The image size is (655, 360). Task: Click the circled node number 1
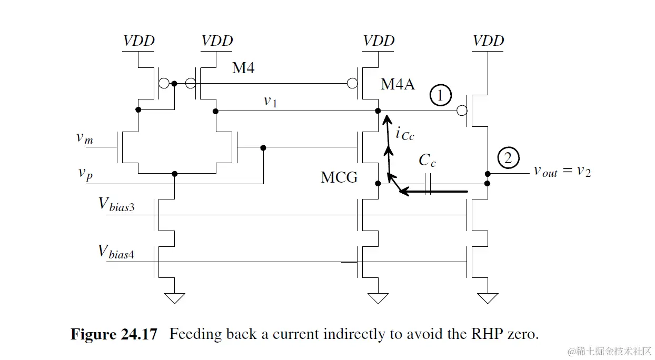click(441, 96)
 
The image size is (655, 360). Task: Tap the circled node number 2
click(508, 158)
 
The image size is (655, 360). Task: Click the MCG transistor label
click(339, 177)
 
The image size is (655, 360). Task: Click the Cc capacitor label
click(427, 161)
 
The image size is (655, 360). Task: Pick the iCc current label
click(404, 134)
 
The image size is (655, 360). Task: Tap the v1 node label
click(270, 102)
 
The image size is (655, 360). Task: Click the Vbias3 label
click(116, 205)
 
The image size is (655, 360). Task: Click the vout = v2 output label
click(562, 171)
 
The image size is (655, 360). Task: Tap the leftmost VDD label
click(138, 41)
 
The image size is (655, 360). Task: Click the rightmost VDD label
click(488, 41)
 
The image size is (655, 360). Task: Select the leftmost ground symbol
click(174, 298)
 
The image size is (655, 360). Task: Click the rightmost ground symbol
click(487, 298)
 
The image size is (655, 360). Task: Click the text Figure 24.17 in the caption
click(114, 335)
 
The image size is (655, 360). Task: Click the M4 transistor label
click(243, 67)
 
